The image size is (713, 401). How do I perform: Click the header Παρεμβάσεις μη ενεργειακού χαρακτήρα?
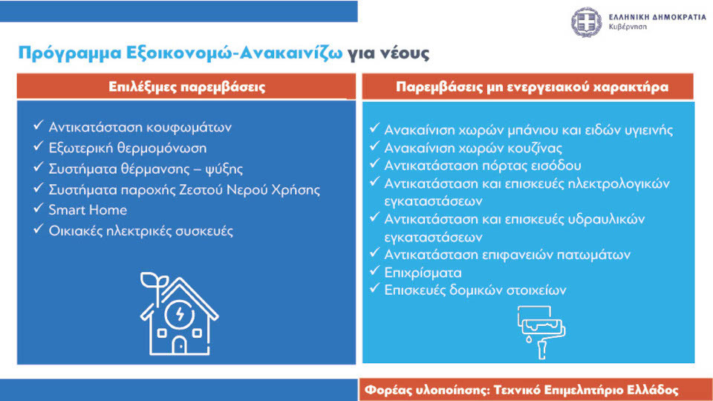pos(532,87)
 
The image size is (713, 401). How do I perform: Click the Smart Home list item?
pos(88,210)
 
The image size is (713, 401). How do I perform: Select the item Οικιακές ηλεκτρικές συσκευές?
pos(141,231)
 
